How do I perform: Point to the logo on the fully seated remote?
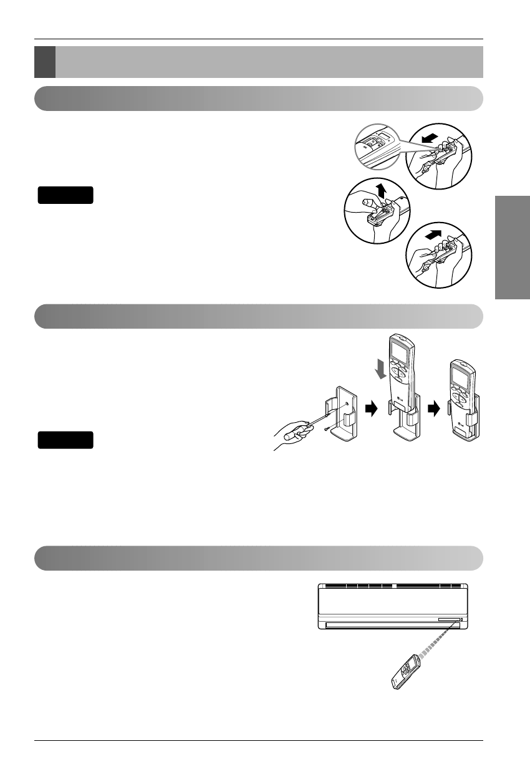(462, 426)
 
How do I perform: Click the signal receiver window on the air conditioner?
(449, 620)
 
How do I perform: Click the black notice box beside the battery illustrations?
(65, 195)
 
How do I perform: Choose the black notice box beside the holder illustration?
(65, 440)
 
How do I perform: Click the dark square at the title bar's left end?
(45, 62)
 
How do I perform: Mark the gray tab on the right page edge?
(513, 248)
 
